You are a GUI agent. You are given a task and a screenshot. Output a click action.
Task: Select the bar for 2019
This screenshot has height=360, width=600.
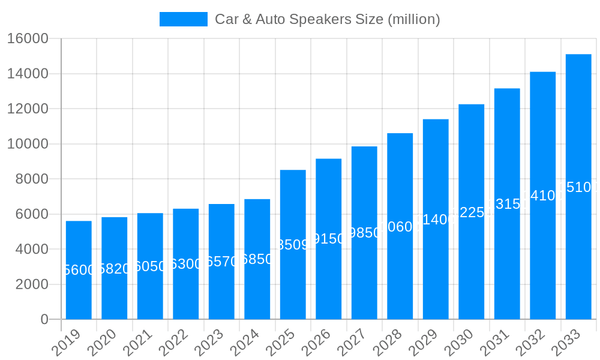[x=79, y=270]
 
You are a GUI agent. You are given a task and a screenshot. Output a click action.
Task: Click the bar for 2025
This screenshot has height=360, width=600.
[x=293, y=245]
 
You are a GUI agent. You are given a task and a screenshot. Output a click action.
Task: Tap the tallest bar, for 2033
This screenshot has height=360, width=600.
[x=578, y=187]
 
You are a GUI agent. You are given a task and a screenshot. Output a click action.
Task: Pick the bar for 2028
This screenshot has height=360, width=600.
[x=400, y=226]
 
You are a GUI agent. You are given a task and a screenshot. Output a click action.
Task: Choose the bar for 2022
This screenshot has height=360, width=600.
[x=186, y=264]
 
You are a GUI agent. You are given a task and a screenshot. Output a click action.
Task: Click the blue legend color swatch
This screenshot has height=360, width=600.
[x=183, y=19]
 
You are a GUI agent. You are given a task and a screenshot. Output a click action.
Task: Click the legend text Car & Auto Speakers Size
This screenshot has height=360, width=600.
[x=328, y=19]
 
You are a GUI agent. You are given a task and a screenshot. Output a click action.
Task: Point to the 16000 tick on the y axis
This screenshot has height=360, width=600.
[x=28, y=39]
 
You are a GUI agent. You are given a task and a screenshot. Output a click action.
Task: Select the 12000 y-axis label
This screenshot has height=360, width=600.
[x=28, y=109]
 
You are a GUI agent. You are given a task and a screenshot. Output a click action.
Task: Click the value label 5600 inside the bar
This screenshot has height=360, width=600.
[x=79, y=270]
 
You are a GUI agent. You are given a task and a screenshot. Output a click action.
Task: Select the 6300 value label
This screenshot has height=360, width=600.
[x=186, y=264]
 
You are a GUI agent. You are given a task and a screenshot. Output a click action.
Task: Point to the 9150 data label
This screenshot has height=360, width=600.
[x=329, y=239]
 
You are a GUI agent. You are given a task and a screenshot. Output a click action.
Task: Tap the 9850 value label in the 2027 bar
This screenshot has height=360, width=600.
[x=364, y=233]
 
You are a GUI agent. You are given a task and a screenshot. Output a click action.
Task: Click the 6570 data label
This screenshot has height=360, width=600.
[x=221, y=262]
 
